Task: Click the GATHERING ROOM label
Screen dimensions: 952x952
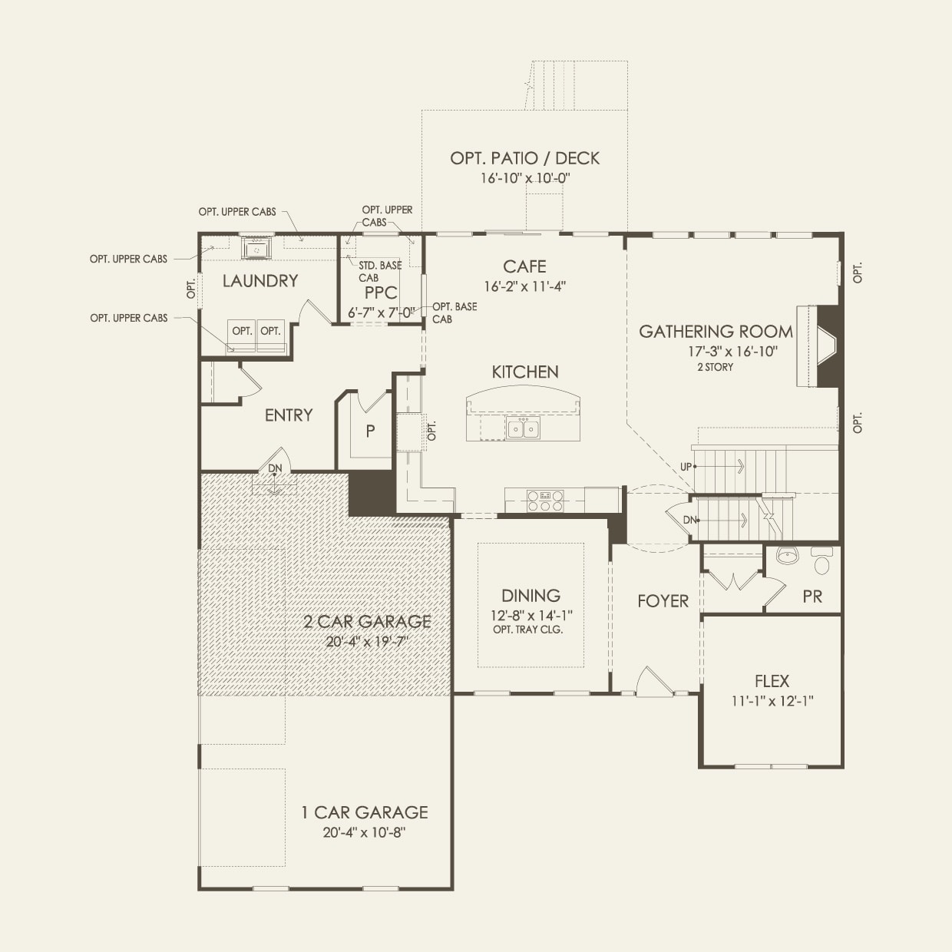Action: (716, 332)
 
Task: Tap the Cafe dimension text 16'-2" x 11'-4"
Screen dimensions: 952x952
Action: (525, 286)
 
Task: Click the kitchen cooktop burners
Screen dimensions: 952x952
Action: (545, 501)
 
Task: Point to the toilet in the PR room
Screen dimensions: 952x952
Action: (821, 563)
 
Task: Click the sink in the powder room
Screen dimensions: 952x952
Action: (785, 555)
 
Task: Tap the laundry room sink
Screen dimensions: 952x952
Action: (256, 249)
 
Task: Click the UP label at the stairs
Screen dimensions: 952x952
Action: (686, 467)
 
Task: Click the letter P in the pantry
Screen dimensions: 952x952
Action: (370, 431)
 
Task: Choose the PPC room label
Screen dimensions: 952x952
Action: (381, 293)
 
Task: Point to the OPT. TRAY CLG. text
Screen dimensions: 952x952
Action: (528, 630)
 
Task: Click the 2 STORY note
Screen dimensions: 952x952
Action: (715, 367)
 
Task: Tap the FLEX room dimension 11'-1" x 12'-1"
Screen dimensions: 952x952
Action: (772, 700)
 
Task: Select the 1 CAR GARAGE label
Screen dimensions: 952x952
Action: (364, 812)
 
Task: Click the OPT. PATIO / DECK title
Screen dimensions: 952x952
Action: (525, 158)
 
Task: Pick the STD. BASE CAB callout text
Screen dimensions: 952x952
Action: (379, 271)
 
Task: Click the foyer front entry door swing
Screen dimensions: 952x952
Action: (654, 682)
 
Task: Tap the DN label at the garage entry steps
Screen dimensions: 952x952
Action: (274, 468)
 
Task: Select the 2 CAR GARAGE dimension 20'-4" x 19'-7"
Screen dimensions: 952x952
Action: (367, 641)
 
